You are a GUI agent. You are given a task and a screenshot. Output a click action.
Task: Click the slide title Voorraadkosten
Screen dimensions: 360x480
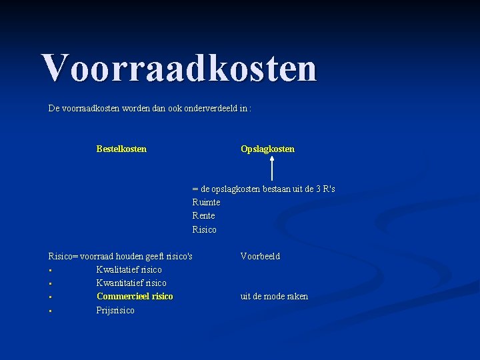179,67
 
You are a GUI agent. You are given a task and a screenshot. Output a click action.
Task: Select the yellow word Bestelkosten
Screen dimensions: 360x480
121,149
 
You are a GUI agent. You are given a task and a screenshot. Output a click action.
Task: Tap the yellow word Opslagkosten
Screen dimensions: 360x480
267,149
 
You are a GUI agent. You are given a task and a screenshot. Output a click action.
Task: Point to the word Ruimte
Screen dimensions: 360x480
206,202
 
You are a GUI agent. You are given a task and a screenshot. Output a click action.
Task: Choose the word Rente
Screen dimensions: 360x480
203,215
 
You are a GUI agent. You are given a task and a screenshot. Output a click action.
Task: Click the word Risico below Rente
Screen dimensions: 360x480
204,229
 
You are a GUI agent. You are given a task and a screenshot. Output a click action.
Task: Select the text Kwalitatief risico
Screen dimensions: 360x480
129,269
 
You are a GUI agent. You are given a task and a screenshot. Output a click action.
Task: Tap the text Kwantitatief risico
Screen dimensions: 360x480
131,283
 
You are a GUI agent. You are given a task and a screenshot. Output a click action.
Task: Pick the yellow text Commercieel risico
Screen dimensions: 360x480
135,296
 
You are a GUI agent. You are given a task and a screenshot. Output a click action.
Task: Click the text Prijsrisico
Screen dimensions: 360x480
115,310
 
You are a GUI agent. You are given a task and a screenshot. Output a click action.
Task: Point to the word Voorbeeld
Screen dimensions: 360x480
260,256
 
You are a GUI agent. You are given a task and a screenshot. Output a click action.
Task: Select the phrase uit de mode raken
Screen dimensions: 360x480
274,296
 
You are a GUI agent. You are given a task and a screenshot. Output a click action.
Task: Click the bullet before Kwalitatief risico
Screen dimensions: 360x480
50,270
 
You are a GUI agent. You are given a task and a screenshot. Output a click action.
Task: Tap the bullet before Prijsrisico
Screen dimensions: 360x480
50,311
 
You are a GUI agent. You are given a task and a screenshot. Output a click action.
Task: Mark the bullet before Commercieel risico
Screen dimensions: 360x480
50,297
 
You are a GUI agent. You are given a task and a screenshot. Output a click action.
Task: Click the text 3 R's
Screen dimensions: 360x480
325,189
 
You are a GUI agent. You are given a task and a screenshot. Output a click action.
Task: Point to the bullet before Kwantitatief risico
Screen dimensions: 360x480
50,283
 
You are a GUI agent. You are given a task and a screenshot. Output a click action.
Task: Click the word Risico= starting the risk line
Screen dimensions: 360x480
64,256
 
